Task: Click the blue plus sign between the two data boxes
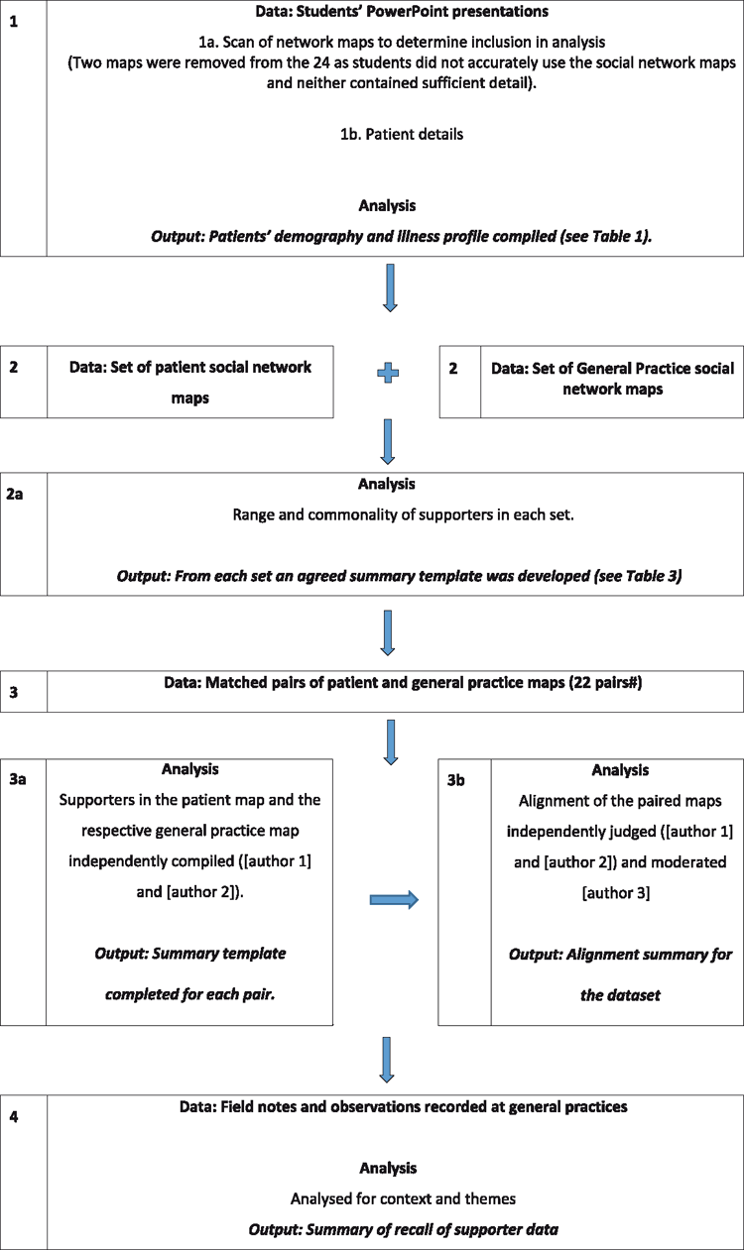(x=388, y=373)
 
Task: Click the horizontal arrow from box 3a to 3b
(x=394, y=899)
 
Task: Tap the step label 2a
(x=15, y=494)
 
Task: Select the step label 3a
(x=17, y=778)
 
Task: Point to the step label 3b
(x=455, y=779)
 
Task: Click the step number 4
(x=14, y=1116)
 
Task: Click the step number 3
(x=14, y=692)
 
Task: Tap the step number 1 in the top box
(x=14, y=22)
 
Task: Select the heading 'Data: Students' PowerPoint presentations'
(x=402, y=11)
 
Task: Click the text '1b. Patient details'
(x=402, y=134)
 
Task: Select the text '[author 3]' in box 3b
(x=616, y=893)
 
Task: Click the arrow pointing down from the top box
(x=390, y=287)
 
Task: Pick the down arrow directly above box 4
(x=387, y=1060)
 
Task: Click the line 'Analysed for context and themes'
(x=403, y=1198)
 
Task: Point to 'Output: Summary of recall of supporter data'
(x=403, y=1229)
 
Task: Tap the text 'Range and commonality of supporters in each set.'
(x=403, y=514)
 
